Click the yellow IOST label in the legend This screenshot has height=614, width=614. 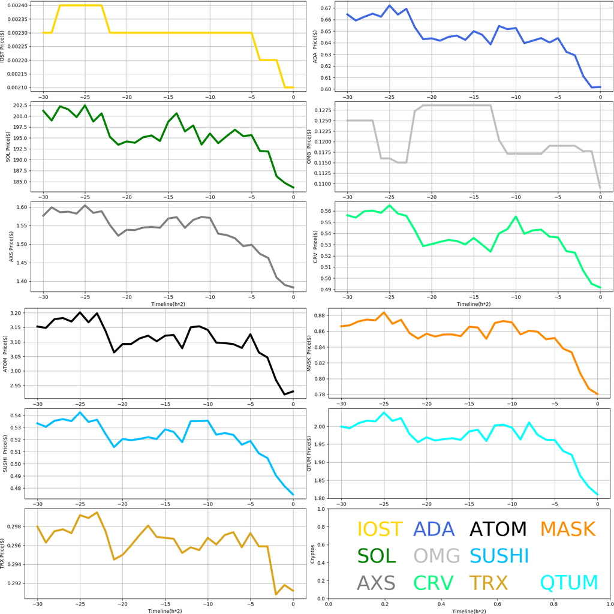point(380,529)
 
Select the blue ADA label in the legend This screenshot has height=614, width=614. point(434,529)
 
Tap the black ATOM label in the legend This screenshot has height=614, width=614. point(498,529)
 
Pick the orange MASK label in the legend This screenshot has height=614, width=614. point(567,529)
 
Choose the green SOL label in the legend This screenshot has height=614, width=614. point(377,556)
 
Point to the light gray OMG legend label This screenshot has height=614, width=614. point(437,556)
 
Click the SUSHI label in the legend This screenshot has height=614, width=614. point(499,556)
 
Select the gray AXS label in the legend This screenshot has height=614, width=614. point(376,583)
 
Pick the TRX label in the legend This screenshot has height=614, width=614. point(489,583)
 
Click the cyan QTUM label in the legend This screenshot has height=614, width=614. point(569,583)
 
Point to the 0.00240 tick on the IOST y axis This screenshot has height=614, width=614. point(22,5)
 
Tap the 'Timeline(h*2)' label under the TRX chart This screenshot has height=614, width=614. point(165,610)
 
